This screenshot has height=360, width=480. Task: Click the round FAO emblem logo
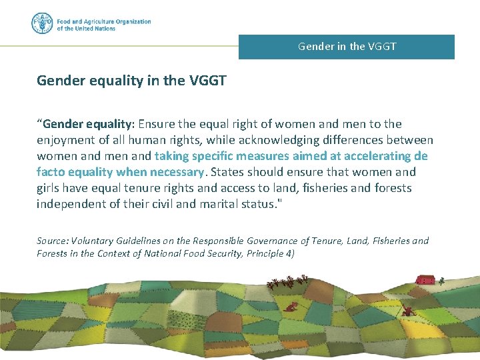[x=41, y=24]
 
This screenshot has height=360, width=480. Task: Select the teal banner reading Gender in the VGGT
[x=347, y=47]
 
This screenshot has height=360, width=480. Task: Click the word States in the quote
[x=227, y=172]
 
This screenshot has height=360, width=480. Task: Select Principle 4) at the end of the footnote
[x=269, y=253]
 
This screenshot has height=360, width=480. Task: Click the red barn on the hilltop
[x=425, y=279]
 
